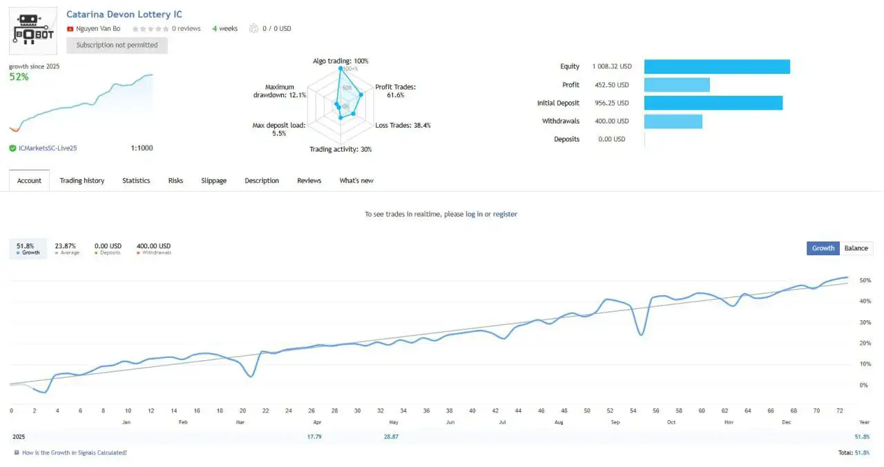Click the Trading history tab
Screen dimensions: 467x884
tap(81, 181)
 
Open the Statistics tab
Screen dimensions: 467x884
tap(136, 181)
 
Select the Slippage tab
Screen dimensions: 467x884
tap(213, 181)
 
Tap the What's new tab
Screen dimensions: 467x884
tap(356, 181)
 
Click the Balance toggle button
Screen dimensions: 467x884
tap(856, 248)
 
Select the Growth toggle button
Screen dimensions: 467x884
tap(823, 248)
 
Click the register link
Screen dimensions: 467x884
tap(505, 215)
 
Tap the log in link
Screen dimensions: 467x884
tap(474, 215)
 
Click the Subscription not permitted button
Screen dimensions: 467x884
tap(117, 46)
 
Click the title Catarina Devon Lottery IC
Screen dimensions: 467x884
tap(124, 14)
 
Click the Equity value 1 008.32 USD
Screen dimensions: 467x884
tap(612, 67)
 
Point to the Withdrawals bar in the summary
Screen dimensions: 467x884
tap(673, 121)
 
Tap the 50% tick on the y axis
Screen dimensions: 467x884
tap(864, 281)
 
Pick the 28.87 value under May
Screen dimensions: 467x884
tap(391, 437)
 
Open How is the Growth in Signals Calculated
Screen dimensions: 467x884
tap(74, 453)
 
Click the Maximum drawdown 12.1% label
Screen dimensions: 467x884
tap(279, 91)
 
